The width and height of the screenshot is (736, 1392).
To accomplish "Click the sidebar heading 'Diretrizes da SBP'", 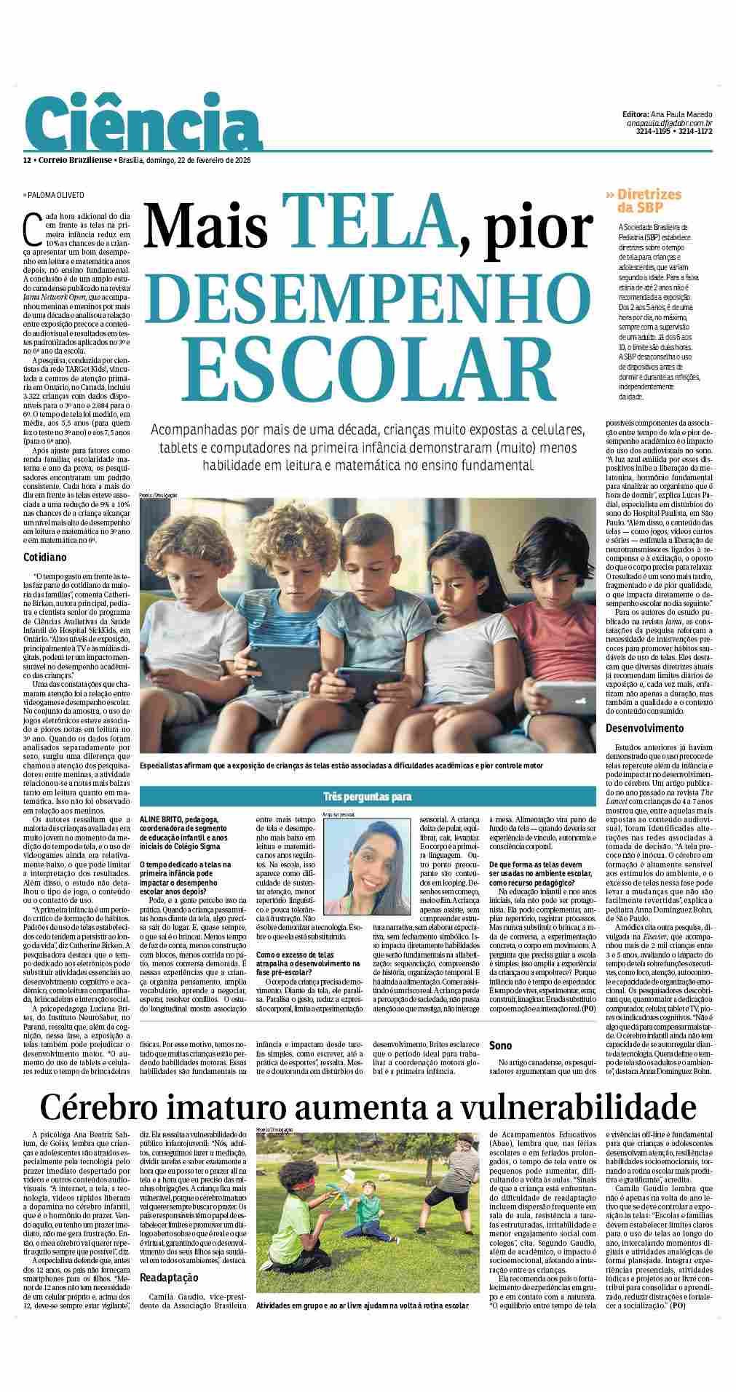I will point(647,200).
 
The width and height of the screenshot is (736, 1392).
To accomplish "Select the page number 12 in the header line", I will point(26,160).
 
